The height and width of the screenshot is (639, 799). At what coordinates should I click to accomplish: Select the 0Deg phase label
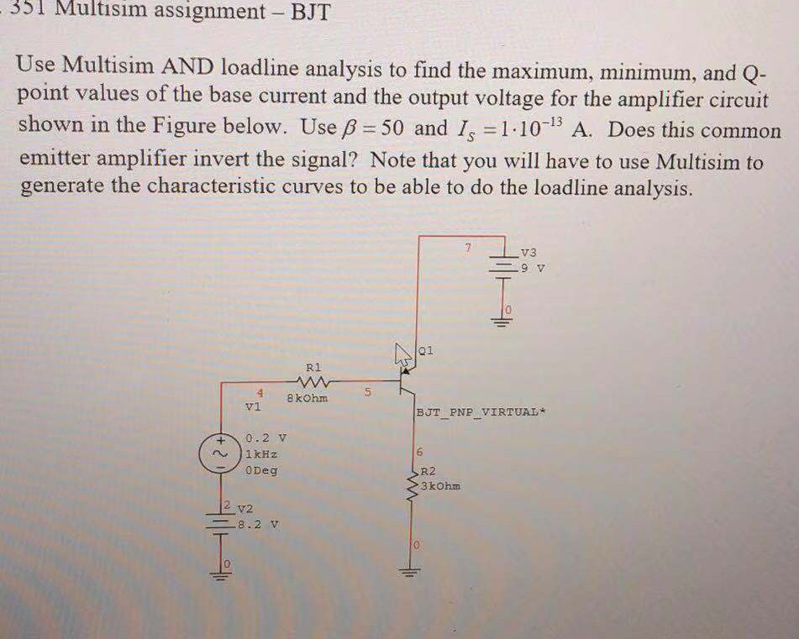262,470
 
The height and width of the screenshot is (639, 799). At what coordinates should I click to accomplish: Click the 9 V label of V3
534,269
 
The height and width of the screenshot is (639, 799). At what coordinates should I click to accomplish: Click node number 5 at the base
367,390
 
